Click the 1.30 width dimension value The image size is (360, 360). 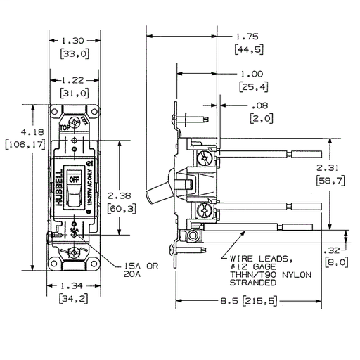73,41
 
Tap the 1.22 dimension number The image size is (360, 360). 73,82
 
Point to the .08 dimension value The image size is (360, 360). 259,106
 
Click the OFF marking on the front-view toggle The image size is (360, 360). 74,180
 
